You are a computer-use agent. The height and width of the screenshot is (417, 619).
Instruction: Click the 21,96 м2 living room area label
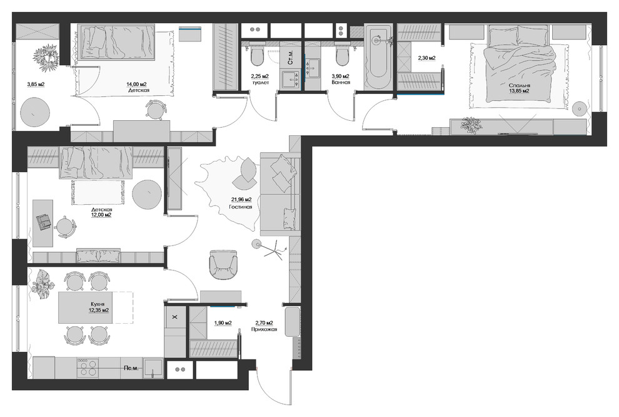coord(241,200)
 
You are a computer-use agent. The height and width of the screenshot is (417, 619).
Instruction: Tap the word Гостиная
coord(241,207)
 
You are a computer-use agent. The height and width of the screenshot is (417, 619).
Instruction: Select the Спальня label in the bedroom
coord(520,85)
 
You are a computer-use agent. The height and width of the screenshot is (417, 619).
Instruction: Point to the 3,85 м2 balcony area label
coord(36,84)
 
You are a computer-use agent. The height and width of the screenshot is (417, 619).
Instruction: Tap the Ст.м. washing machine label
coord(290,58)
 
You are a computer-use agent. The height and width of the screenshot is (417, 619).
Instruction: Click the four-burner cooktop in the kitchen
coord(88,368)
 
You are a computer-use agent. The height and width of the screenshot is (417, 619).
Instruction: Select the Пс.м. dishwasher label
coord(131,368)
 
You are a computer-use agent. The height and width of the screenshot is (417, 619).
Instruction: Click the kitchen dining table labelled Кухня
coord(85,307)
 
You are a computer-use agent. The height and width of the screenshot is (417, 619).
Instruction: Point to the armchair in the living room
coord(223,264)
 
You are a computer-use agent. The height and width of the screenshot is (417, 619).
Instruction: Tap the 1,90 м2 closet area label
coord(223,323)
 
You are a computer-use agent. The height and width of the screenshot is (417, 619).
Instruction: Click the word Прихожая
coord(264,329)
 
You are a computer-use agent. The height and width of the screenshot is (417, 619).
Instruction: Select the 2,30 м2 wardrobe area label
coord(427,58)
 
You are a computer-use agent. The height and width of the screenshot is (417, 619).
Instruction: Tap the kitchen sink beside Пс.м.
coord(153,368)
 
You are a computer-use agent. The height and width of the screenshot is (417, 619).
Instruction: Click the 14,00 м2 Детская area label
coord(136,84)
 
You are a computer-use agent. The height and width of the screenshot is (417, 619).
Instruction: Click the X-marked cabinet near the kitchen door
coord(175,317)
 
